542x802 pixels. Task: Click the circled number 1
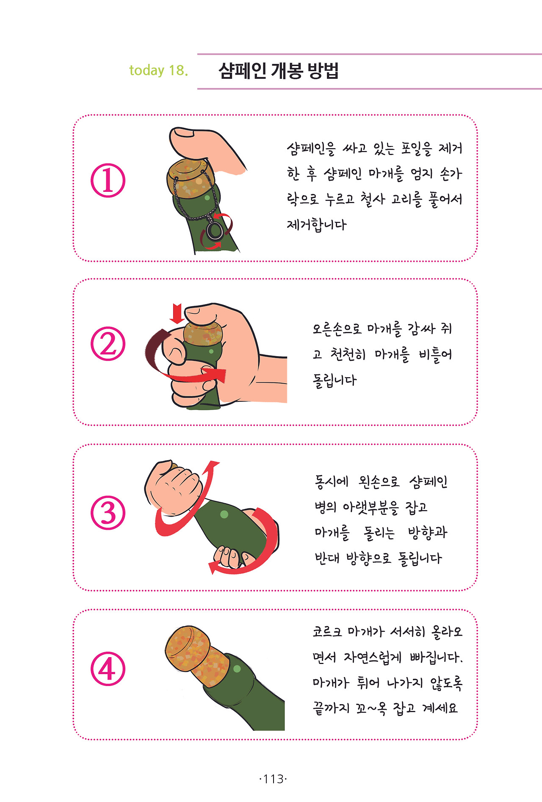click(x=108, y=180)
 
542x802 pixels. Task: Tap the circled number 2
click(x=108, y=343)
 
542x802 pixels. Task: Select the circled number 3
click(x=108, y=512)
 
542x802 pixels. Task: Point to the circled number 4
click(x=108, y=669)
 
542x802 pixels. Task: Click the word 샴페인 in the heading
click(x=242, y=70)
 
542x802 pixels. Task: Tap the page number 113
click(x=273, y=779)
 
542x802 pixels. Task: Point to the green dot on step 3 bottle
click(x=224, y=514)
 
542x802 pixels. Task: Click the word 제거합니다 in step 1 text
click(x=317, y=224)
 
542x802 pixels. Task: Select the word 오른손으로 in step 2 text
click(x=337, y=329)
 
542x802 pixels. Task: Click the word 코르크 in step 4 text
click(x=327, y=632)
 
